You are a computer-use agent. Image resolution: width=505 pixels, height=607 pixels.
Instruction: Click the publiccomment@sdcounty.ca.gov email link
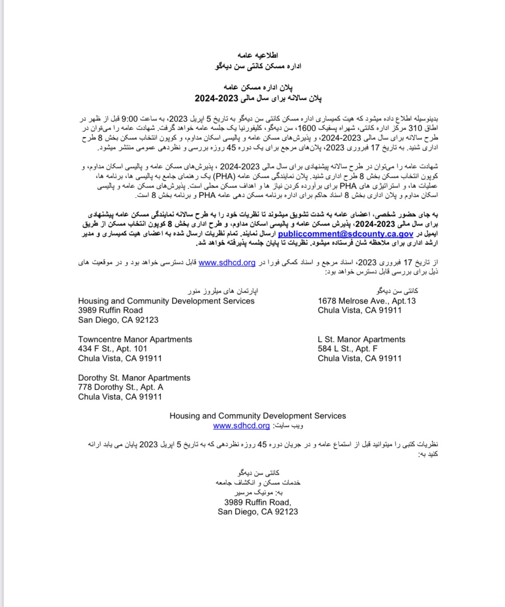pos(345,234)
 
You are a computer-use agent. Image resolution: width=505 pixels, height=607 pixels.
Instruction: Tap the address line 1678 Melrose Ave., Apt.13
pos(367,301)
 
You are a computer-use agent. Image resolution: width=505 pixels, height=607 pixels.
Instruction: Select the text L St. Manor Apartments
pos(361,339)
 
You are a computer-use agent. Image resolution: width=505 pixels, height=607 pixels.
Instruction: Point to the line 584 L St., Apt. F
pos(348,349)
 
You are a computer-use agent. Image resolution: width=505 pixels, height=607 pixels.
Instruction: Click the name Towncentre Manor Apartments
pos(135,339)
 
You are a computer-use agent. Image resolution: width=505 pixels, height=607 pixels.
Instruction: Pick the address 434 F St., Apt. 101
pos(112,349)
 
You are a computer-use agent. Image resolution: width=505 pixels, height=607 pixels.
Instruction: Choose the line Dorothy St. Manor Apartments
pos(134,378)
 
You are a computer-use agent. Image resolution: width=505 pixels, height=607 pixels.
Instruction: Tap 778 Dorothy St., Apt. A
pos(120,387)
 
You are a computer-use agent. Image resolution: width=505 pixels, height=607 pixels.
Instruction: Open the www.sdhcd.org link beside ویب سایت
pos(241,425)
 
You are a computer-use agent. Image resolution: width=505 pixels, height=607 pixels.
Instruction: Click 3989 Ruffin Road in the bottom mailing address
pos(258,502)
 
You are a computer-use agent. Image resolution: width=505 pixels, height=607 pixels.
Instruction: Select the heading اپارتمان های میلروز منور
pos(223,291)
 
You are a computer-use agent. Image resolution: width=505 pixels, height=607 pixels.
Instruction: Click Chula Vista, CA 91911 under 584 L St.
pos(359,358)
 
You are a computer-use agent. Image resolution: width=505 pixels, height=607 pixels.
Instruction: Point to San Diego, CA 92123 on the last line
pos(258,512)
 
